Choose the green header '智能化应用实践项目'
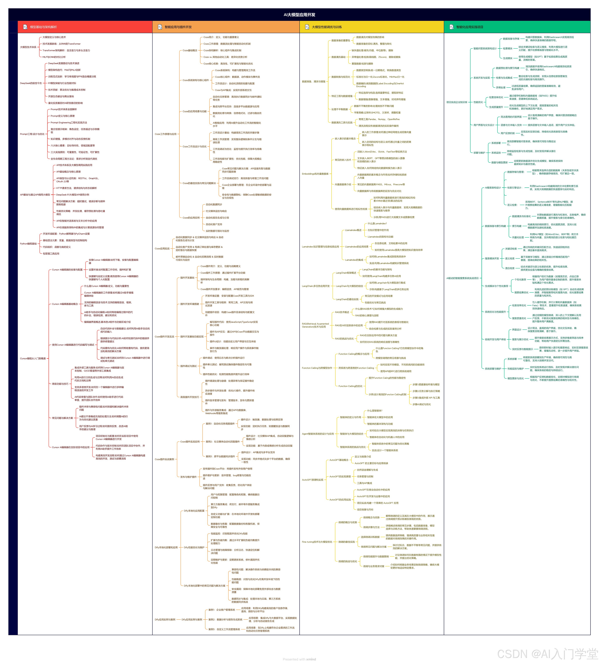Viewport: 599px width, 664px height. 470,27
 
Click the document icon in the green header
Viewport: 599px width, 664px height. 451,27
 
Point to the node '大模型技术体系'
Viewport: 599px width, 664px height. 28,47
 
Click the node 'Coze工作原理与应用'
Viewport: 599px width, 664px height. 166,134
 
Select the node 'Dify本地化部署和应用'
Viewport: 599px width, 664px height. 166,548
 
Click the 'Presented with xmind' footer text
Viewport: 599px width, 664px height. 299,659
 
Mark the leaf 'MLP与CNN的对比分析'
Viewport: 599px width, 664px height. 54,57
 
